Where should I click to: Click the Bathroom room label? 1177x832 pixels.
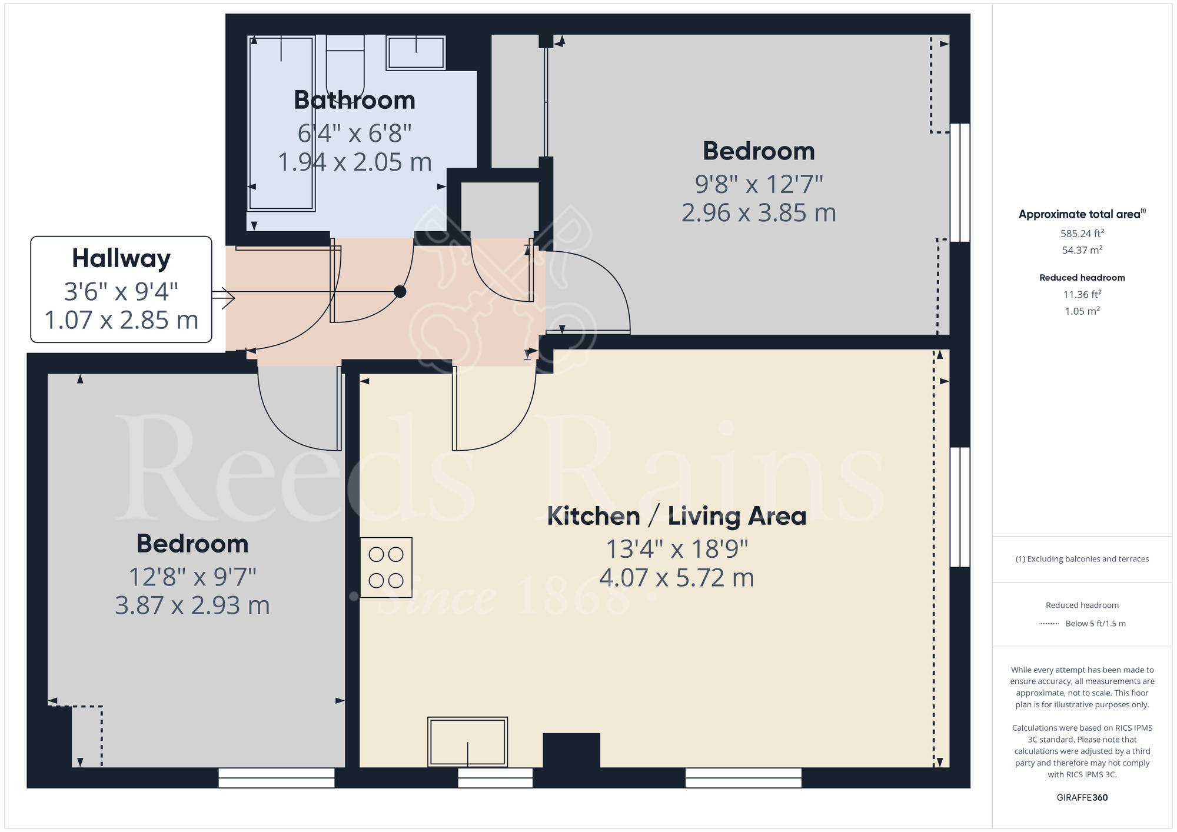coord(355,100)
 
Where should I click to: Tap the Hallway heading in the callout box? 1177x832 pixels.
coord(121,258)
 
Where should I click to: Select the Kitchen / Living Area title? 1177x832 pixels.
coord(677,516)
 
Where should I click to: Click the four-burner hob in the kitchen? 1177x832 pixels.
coord(386,567)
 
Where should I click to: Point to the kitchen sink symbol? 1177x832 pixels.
coord(468,741)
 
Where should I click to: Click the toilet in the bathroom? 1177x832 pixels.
coord(345,62)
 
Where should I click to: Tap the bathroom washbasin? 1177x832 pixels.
coord(415,52)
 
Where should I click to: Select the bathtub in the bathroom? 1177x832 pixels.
coord(281,123)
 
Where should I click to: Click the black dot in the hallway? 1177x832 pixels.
coord(400,291)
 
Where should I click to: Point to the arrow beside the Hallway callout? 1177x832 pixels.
coord(223,298)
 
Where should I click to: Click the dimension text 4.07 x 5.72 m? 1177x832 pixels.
coord(677,578)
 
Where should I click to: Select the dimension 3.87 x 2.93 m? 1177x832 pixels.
coord(192,605)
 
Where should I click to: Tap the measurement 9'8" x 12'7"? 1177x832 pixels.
coord(759,184)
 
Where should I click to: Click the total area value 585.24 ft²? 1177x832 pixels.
coord(1082,233)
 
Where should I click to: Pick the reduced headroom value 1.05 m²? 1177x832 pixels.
coord(1082,311)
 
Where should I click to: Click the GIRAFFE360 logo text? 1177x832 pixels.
coord(1082,797)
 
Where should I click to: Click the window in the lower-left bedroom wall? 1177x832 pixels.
coord(277,778)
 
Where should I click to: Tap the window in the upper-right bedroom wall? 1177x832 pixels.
coord(960,182)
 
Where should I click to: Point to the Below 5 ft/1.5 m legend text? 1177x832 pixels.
coord(1095,623)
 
